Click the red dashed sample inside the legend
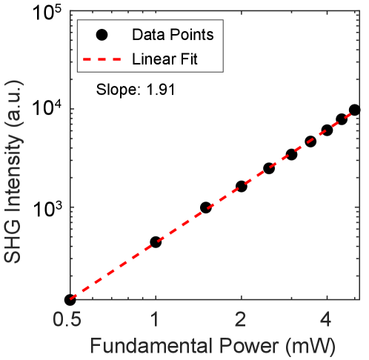101,59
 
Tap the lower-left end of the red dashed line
70,299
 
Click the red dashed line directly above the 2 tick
242,187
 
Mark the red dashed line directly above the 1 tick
156,243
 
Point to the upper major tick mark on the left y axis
73,109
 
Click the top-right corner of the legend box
223,20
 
